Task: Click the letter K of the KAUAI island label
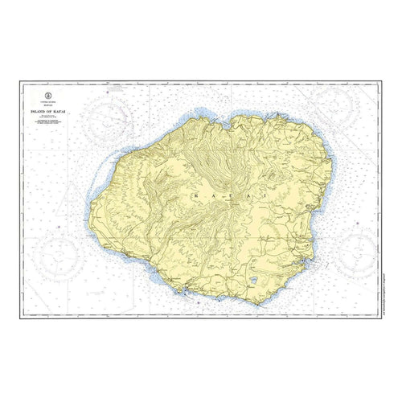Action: pos(195,195)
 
